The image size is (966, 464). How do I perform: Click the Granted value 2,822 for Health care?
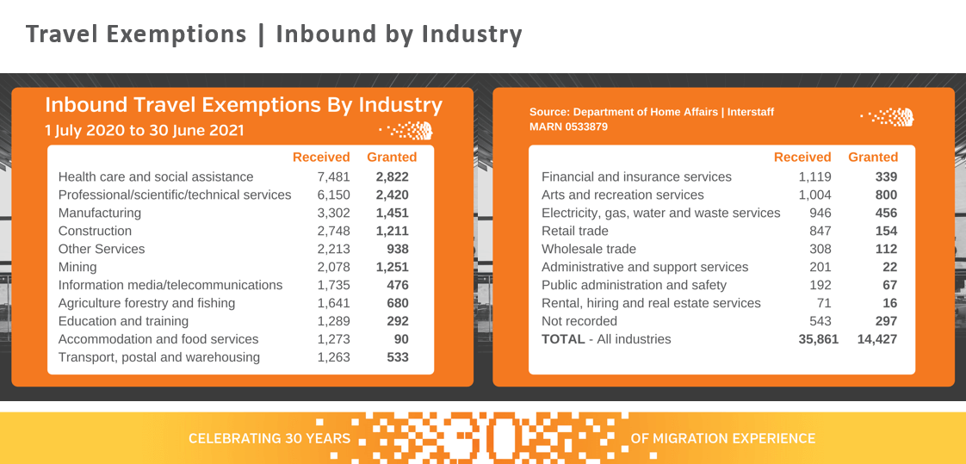point(392,176)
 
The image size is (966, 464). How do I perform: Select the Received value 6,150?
point(333,195)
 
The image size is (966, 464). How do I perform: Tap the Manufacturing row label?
point(100,213)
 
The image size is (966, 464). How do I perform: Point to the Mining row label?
point(77,267)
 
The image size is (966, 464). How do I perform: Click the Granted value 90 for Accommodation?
point(399,339)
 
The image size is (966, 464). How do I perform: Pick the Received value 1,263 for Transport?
point(333,357)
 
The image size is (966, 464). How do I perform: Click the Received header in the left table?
point(321,158)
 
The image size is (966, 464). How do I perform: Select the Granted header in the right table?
point(873,158)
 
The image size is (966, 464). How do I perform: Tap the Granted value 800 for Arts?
point(885,195)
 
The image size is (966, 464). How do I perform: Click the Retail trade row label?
point(575,231)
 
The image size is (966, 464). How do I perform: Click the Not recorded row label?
point(579,321)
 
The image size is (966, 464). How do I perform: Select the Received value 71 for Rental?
point(823,303)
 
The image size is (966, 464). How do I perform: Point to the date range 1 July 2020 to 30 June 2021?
point(145,131)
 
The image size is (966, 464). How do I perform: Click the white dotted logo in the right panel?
point(887,117)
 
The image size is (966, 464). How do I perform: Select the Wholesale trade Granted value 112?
point(885,249)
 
